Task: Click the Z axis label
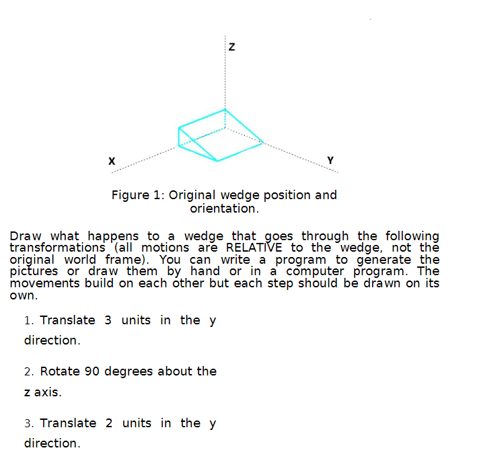pos(231,47)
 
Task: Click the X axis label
pos(112,161)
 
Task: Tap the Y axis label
pos(330,159)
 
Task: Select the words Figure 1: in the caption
pos(139,195)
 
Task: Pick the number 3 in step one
pos(108,320)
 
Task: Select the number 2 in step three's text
pos(109,423)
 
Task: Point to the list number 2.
pos(29,371)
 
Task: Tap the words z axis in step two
pos(42,392)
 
